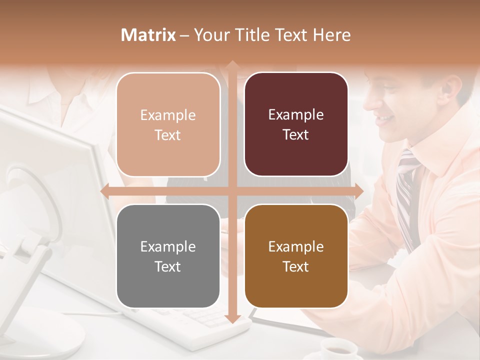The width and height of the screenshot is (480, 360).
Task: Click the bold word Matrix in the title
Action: point(149,35)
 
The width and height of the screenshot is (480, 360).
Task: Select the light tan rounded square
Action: point(168,124)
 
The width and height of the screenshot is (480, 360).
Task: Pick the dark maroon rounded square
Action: point(296,124)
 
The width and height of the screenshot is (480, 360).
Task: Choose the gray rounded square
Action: point(168,256)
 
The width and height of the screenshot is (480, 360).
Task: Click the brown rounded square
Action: point(296,256)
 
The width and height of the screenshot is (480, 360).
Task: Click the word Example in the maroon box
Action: point(296,115)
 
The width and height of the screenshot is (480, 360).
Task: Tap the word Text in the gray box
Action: point(167,266)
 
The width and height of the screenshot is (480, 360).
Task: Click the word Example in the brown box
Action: point(296,246)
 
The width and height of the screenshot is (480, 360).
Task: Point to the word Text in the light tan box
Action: point(167,135)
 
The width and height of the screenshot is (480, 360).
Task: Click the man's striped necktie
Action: point(406,195)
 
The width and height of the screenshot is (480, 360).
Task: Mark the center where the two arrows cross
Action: point(232,191)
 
